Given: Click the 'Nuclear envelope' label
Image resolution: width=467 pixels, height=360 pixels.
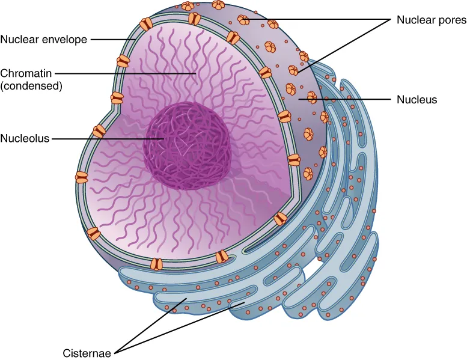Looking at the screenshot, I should click(x=44, y=40).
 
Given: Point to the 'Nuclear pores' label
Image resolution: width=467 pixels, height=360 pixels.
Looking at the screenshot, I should click(x=431, y=20).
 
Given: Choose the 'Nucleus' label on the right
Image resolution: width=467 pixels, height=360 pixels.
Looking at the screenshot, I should click(x=417, y=99).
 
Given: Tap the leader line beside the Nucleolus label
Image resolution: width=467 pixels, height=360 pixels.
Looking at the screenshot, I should click(x=108, y=138).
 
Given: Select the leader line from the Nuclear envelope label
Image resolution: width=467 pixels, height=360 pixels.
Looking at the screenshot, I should click(x=113, y=40).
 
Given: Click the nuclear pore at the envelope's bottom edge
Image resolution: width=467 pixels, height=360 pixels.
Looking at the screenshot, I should click(x=156, y=264).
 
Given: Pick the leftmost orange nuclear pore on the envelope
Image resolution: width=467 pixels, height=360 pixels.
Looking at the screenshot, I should click(x=81, y=177).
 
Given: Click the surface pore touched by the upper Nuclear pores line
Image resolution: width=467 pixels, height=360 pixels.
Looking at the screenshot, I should click(x=244, y=20).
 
